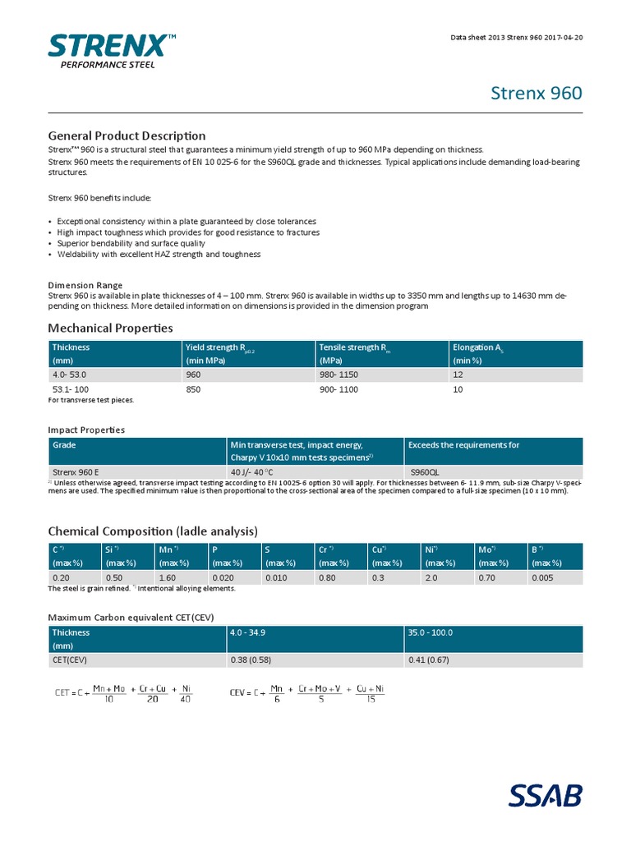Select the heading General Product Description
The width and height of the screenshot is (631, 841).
127,136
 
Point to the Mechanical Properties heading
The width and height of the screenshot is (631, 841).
110,329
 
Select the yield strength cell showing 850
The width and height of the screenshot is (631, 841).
194,389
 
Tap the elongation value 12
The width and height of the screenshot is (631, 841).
458,375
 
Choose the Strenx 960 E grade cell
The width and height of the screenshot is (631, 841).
76,472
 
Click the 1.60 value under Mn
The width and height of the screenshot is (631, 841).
168,577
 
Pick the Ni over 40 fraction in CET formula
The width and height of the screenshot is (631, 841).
186,694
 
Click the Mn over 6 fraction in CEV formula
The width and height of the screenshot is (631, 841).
277,694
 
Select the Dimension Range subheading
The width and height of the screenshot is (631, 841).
85,285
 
